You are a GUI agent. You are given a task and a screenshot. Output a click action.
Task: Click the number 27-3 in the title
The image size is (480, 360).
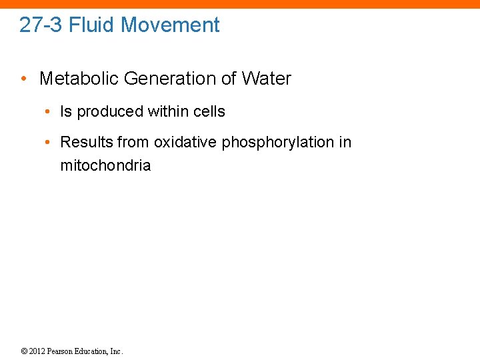pos(41,25)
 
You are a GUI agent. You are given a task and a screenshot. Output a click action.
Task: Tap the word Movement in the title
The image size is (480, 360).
pos(171,25)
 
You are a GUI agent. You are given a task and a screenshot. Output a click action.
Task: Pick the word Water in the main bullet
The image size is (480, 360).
pos(267,79)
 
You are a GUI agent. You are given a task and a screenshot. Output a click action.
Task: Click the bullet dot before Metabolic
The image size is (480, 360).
pos(24,79)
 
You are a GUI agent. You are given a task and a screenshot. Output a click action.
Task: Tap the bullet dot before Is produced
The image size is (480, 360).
pos(50,112)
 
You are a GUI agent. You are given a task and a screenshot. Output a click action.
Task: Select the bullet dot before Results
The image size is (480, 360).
pos(50,142)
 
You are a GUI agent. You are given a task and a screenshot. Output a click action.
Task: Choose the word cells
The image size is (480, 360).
pos(207,112)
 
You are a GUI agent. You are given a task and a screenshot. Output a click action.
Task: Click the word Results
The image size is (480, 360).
pos(87,142)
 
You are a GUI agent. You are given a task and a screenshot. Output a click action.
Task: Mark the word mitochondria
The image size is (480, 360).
pos(105,165)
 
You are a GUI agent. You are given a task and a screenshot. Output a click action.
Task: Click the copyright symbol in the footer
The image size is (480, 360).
pos(24,351)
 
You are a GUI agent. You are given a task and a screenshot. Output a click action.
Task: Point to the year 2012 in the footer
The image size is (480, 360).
pos(37,351)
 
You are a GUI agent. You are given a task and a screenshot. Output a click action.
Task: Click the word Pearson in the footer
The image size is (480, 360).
pos(60,351)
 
